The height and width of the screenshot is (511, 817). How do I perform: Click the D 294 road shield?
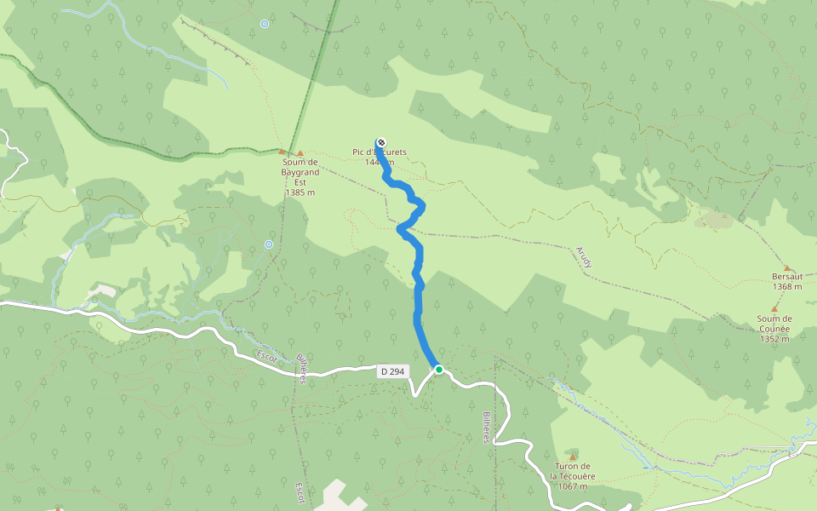(393, 371)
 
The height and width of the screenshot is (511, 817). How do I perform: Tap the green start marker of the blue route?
(439, 370)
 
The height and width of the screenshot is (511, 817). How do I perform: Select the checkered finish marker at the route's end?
(380, 142)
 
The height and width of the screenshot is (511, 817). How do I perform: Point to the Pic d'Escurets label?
(380, 152)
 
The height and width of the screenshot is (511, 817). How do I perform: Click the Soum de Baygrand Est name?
(300, 172)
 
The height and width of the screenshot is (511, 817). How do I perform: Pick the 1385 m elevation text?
(300, 192)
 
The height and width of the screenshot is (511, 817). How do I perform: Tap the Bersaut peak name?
(787, 277)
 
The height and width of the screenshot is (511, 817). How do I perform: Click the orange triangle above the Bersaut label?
(786, 267)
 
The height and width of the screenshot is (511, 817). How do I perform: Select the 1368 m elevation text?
(787, 287)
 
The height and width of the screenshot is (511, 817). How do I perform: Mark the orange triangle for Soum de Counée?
(774, 308)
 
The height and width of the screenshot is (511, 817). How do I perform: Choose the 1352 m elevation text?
(774, 338)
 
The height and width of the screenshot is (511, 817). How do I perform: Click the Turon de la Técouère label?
(572, 471)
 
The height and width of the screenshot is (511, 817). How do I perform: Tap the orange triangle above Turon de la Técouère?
(573, 457)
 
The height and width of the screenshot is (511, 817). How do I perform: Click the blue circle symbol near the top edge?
(265, 24)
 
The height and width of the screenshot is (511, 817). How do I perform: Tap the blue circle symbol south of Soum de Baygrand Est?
(269, 244)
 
